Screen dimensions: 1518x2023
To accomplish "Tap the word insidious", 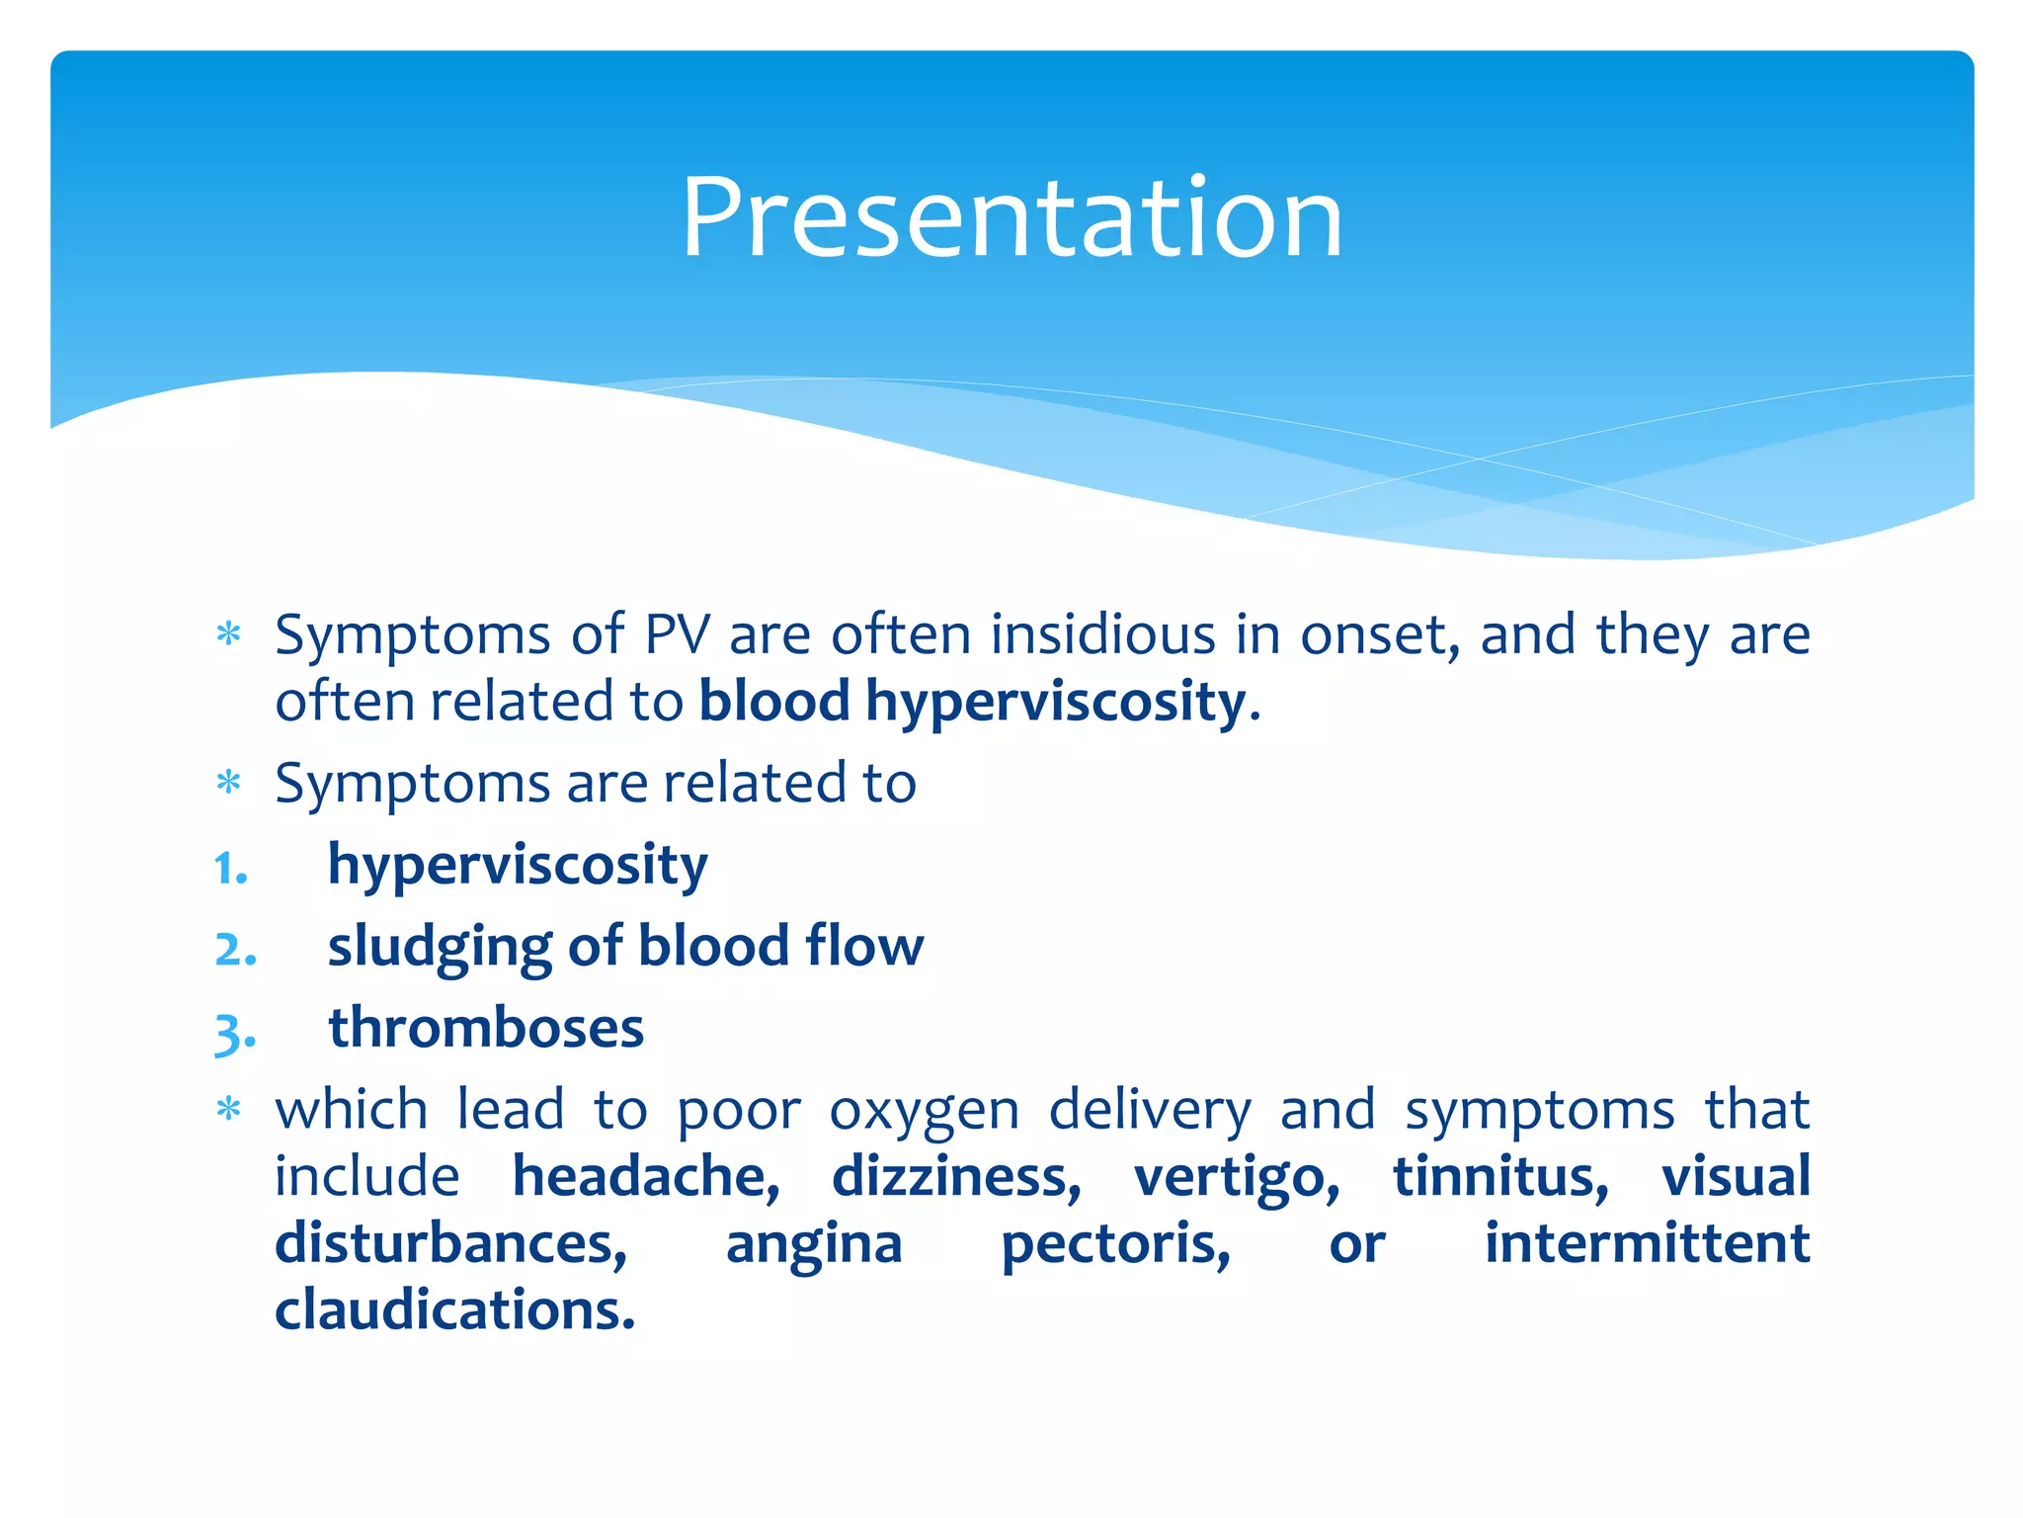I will [x=1102, y=634].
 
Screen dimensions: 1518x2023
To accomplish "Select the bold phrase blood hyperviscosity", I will [x=972, y=702].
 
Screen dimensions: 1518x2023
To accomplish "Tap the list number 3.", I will [x=235, y=1032].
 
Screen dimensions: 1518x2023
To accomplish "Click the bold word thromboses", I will [x=486, y=1028].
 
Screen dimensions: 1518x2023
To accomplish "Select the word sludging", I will [x=439, y=947].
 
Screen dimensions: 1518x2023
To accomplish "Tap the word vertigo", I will [x=1237, y=1176].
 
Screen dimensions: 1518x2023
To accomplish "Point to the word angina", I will [x=814, y=1243].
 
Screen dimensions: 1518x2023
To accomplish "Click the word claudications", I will [x=454, y=1309].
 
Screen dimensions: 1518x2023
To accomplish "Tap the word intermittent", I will [x=1647, y=1243].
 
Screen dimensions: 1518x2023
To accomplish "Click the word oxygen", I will [x=924, y=1111].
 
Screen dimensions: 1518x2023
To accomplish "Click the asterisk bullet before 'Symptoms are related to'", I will [x=229, y=784].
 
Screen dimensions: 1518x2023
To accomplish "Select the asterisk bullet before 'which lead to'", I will [x=229, y=1110].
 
